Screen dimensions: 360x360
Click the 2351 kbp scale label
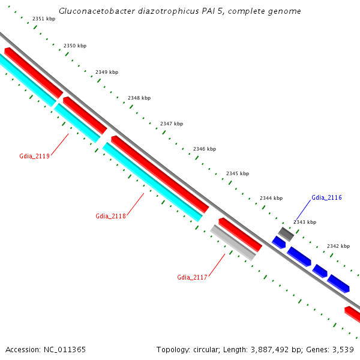[x=44, y=19]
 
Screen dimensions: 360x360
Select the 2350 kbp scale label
[x=75, y=46]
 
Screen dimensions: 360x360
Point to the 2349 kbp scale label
[x=107, y=72]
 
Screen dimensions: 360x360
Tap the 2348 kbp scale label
[x=139, y=98]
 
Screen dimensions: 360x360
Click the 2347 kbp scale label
[x=172, y=124]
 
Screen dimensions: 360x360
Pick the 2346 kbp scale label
[x=205, y=149]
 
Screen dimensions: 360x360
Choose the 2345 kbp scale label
[x=238, y=173]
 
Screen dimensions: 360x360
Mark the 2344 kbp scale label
[x=271, y=198]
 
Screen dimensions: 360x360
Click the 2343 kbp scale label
[x=305, y=222]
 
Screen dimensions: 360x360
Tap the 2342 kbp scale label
[x=338, y=246]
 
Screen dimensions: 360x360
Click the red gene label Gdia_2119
[x=34, y=156]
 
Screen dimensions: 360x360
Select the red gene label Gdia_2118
[x=110, y=216]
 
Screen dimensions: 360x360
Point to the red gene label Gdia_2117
[x=192, y=277]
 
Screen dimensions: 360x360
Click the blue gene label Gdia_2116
[x=326, y=197]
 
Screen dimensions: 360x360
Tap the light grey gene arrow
[x=233, y=242]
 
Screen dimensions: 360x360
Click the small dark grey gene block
[x=285, y=234]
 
